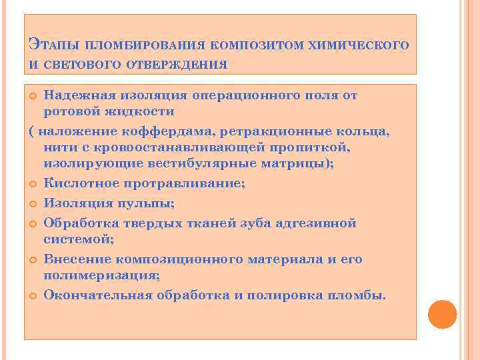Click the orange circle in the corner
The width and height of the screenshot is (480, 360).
pyautogui.click(x=441, y=314)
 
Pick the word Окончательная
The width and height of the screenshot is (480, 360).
pyautogui.click(x=94, y=295)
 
